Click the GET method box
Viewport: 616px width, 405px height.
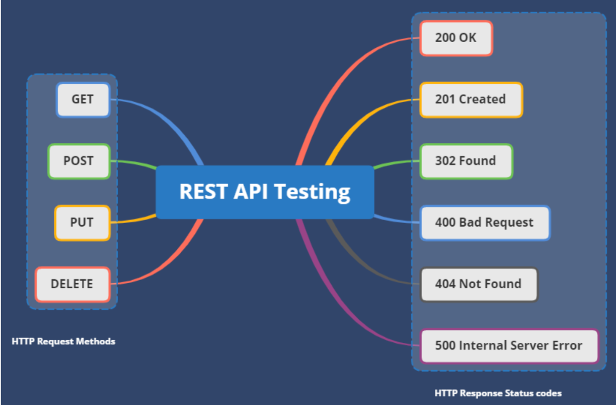point(83,100)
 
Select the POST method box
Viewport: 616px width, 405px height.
point(79,161)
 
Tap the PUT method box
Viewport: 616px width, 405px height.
point(82,223)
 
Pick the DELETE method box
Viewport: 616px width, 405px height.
point(73,284)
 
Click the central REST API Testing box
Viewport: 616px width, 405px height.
point(264,192)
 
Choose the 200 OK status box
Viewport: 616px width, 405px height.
point(456,38)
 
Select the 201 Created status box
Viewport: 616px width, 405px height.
point(471,100)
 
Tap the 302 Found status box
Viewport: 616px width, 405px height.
point(466,161)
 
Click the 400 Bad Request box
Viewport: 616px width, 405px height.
point(485,223)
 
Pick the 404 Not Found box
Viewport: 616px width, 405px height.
point(479,284)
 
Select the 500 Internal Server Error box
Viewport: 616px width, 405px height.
point(509,346)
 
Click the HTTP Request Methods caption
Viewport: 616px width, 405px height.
point(63,341)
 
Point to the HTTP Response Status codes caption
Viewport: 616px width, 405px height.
point(498,393)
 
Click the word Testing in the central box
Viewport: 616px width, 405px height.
point(312,192)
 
